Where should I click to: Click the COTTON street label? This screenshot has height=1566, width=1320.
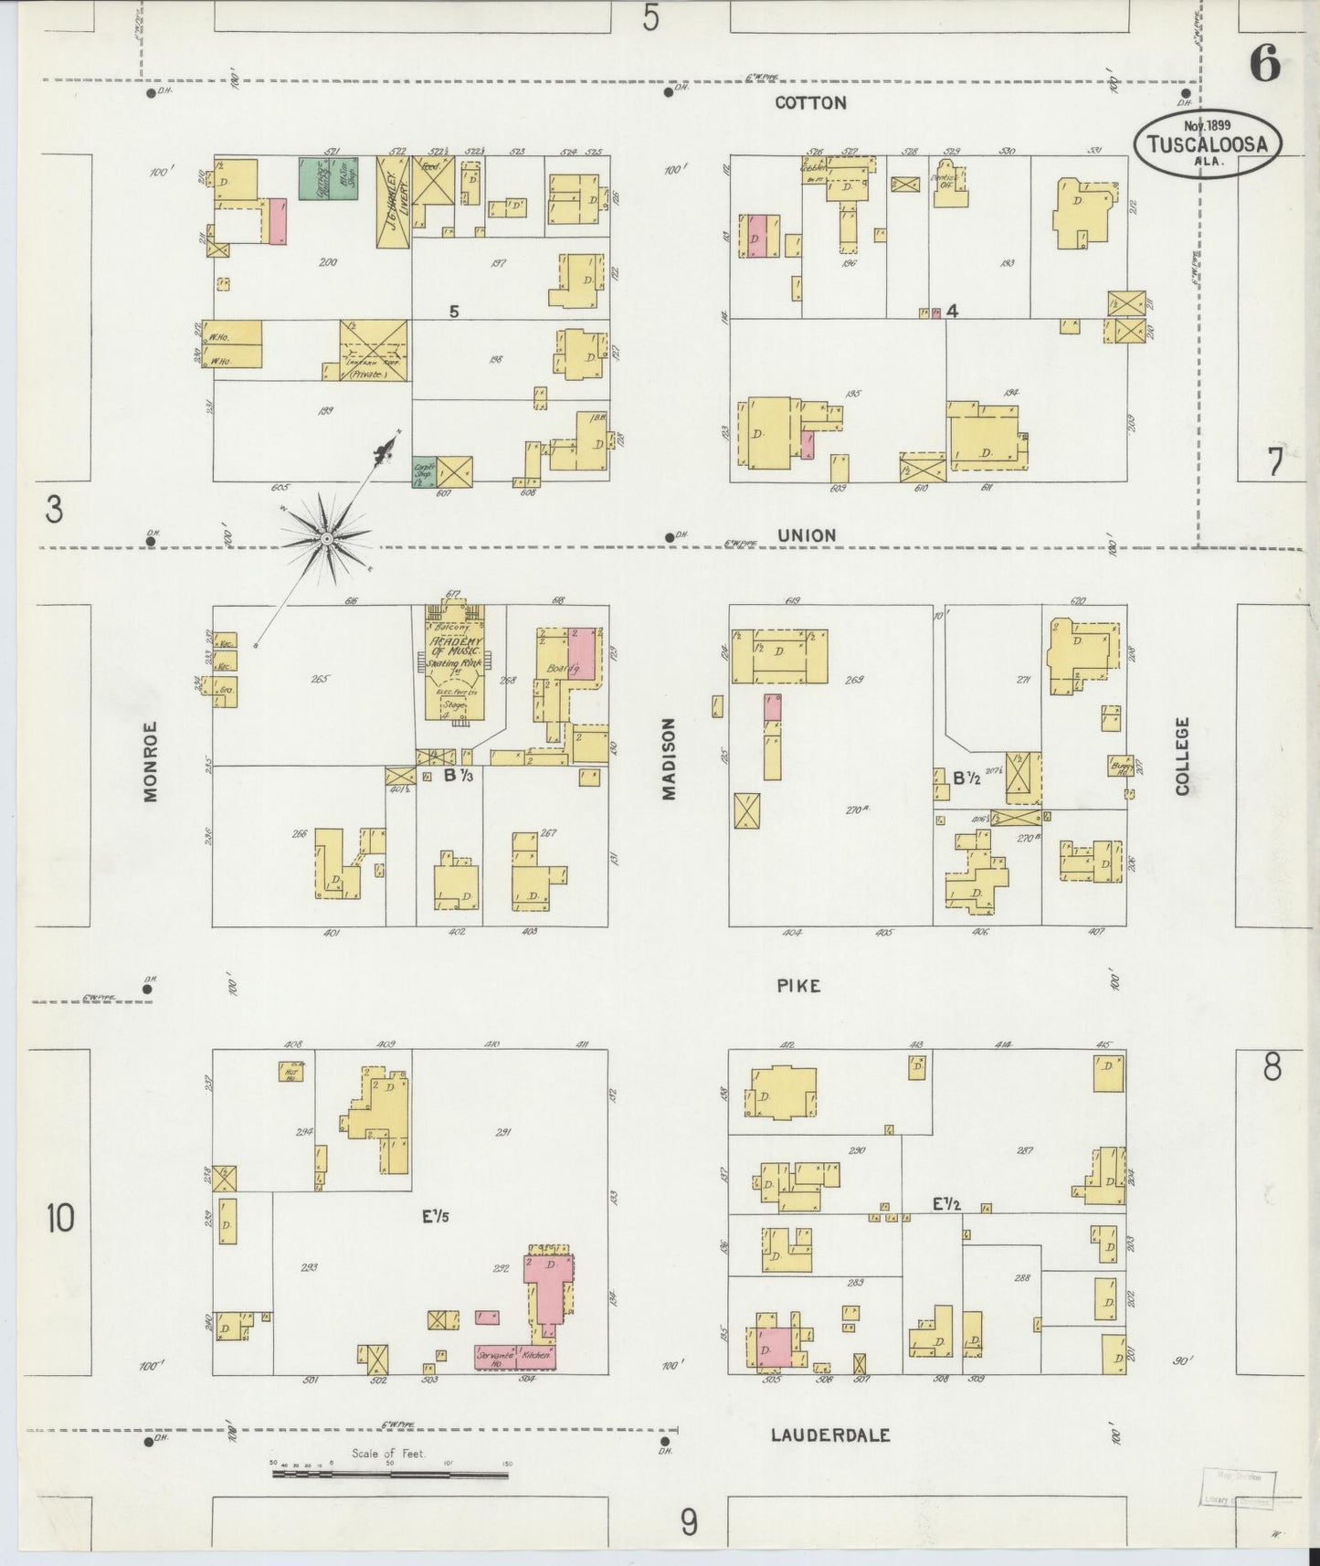tap(810, 103)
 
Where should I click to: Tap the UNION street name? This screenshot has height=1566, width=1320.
tap(807, 535)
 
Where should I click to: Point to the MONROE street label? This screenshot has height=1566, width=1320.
tap(151, 762)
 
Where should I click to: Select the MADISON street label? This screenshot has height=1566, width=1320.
tap(670, 759)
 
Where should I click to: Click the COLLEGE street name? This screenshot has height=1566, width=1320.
tap(1183, 756)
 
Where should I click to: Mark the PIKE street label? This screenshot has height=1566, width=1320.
tap(798, 986)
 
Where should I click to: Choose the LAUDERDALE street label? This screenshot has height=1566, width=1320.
tap(829, 1434)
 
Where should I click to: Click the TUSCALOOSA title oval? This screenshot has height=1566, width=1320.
tap(1208, 143)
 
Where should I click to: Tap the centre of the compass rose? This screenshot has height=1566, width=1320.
tap(325, 540)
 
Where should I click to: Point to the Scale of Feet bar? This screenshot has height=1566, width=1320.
tap(390, 1473)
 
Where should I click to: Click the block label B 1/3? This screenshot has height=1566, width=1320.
tap(458, 776)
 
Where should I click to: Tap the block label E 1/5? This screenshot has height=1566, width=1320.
tap(436, 1216)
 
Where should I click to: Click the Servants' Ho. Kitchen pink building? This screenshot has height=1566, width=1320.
tap(514, 1356)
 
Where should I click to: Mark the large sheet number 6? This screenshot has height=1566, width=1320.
tap(1264, 65)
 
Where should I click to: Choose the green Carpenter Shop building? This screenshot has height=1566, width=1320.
tap(423, 469)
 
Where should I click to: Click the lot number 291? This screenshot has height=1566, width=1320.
tap(502, 1133)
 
